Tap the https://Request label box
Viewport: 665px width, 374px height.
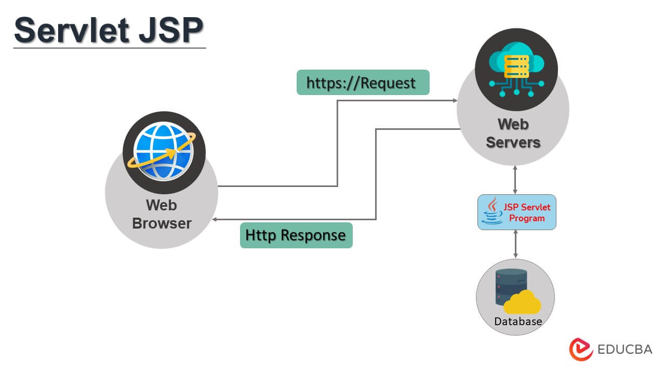click(x=363, y=83)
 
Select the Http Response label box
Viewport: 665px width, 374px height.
click(x=296, y=235)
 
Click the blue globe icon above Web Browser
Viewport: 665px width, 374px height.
click(x=164, y=153)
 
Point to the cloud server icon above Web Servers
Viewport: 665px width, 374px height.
click(x=516, y=70)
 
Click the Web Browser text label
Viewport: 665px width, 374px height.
click(x=162, y=214)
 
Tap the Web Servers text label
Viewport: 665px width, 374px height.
click(x=513, y=133)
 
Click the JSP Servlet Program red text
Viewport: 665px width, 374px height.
click(x=527, y=212)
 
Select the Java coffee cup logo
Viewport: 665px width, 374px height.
click(x=491, y=212)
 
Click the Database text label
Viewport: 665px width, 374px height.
click(x=518, y=322)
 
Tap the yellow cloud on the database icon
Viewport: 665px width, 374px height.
click(x=522, y=303)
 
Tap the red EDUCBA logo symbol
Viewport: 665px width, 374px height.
click(x=581, y=349)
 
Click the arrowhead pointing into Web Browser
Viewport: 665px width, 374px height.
click(x=216, y=220)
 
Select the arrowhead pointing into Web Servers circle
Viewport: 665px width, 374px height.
click(x=454, y=100)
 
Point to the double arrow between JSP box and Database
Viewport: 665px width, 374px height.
click(x=515, y=244)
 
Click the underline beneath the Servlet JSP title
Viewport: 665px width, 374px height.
click(x=109, y=48)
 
